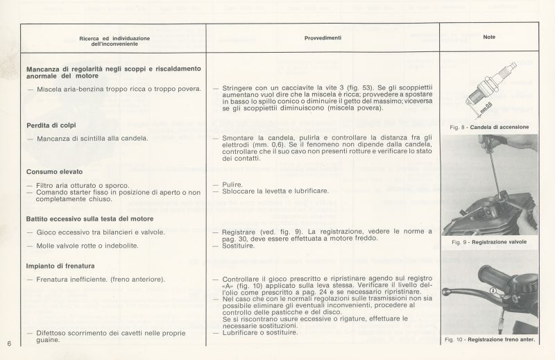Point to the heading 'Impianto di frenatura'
tap(60, 266)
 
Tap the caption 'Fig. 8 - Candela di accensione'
tap(489, 127)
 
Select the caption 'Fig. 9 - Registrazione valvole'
tap(488, 242)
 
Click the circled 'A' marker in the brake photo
tap(493, 292)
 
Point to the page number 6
tap(8, 343)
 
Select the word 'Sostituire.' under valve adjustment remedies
tap(235, 246)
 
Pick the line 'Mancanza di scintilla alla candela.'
tap(90, 139)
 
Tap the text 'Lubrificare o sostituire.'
tap(259, 332)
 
